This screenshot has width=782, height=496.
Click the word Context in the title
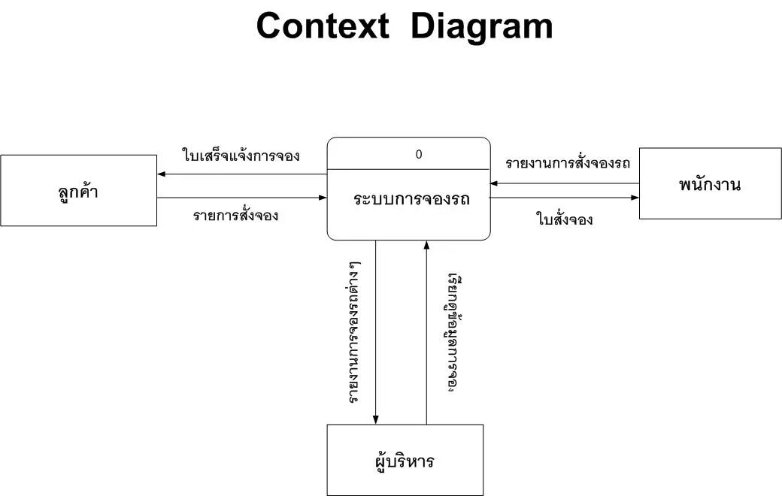[x=323, y=27]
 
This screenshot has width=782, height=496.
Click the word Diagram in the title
[x=482, y=27]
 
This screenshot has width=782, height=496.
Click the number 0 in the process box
[x=419, y=155]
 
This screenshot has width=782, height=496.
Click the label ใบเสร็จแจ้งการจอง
[x=241, y=156]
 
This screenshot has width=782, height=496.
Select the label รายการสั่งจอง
[x=235, y=216]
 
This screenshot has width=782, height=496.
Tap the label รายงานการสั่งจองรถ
[x=568, y=163]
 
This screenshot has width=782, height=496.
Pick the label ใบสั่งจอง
[x=565, y=220]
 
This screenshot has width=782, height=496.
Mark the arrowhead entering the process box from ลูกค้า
[x=323, y=198]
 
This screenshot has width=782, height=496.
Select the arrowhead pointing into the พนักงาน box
[x=635, y=198]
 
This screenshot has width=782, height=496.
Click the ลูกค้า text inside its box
[x=78, y=192]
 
